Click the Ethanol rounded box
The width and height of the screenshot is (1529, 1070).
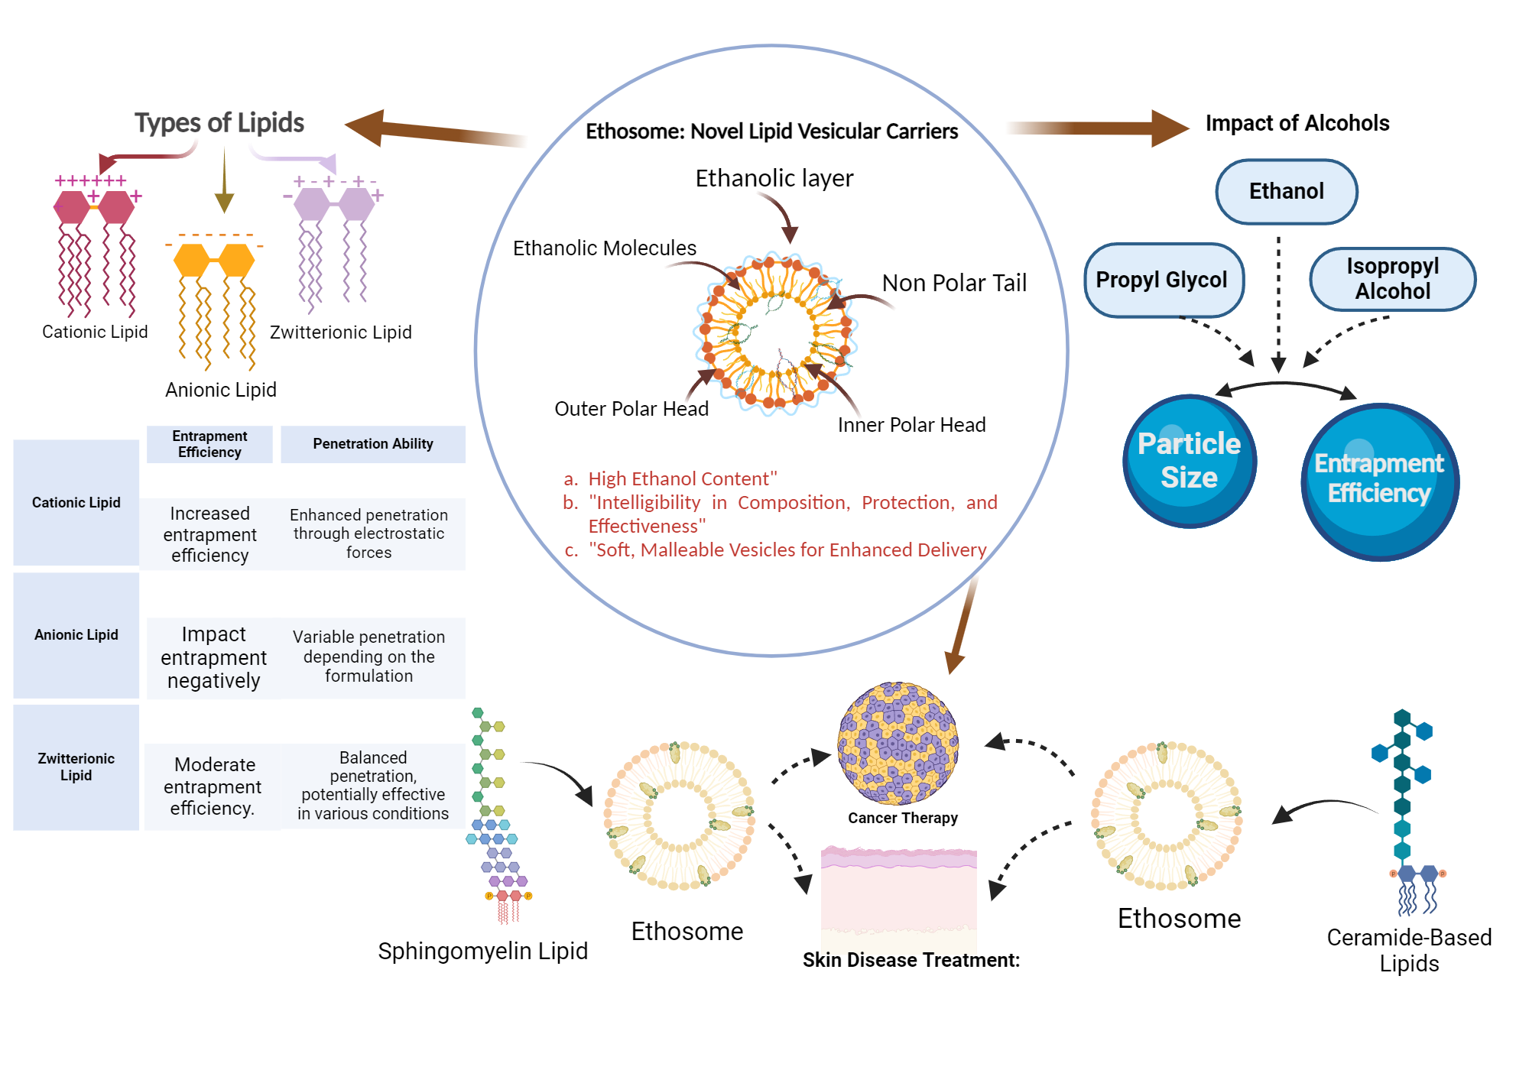tap(1286, 191)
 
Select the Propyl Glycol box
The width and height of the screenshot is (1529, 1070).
tap(1162, 280)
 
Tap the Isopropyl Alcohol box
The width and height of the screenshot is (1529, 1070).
tap(1392, 279)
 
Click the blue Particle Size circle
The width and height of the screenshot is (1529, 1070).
tap(1189, 461)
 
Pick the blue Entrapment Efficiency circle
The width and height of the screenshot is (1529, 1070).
tap(1379, 481)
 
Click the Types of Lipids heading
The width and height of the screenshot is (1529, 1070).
tap(219, 123)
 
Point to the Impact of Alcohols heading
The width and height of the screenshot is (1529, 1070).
tap(1297, 123)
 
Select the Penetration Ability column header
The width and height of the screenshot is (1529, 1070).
tap(373, 444)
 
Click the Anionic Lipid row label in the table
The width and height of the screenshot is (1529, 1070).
tap(76, 635)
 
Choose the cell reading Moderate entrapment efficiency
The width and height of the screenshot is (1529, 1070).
tap(213, 786)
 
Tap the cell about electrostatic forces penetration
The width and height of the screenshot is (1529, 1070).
tap(369, 533)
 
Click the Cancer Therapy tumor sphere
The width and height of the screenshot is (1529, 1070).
tap(898, 743)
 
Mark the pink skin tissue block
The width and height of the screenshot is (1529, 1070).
tap(899, 894)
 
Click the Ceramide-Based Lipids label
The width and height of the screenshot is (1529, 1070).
tap(1408, 950)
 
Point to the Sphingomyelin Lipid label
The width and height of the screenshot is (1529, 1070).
tap(482, 951)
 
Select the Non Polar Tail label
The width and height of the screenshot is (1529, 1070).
tap(953, 284)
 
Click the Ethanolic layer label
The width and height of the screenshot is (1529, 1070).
tap(774, 178)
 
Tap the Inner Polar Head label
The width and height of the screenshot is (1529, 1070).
tap(911, 425)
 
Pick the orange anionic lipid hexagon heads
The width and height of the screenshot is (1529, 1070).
tap(214, 261)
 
